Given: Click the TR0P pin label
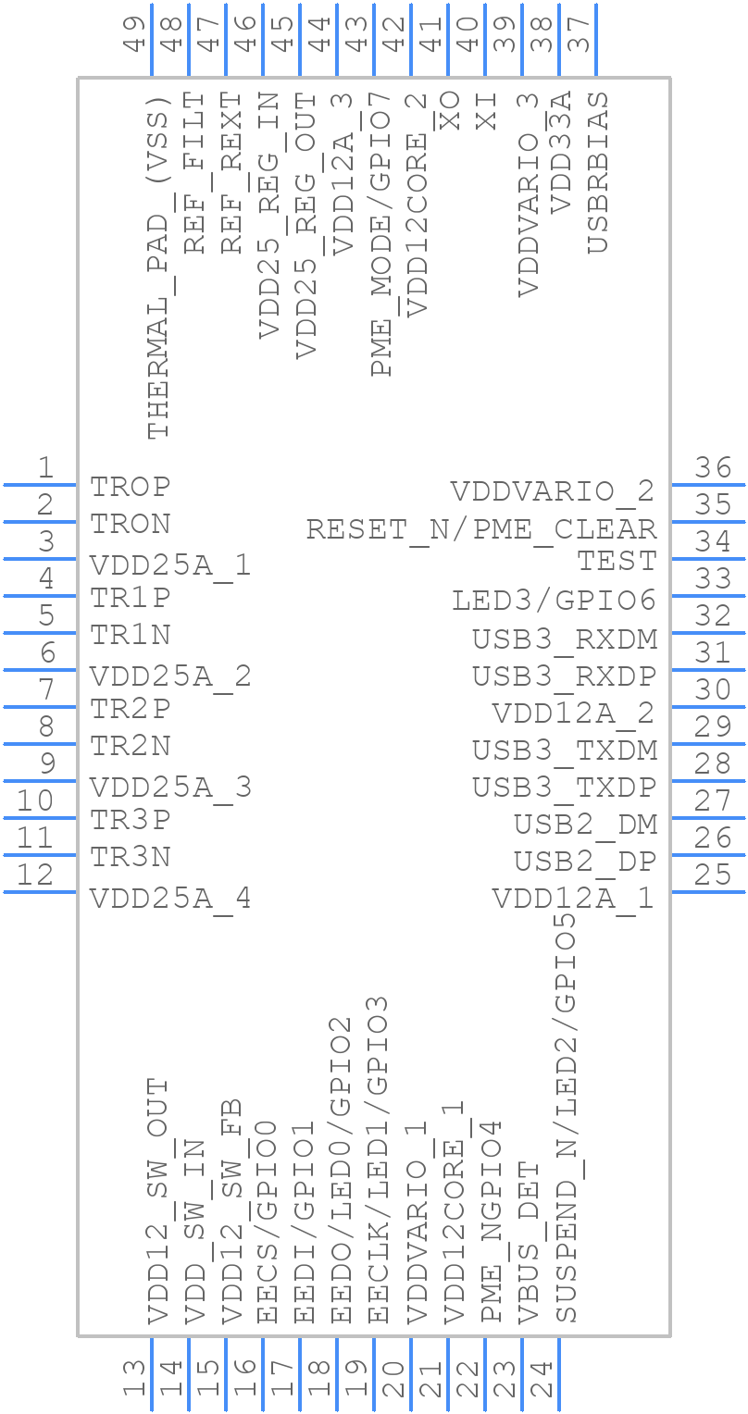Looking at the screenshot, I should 131,487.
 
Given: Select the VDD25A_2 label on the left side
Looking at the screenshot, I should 170,676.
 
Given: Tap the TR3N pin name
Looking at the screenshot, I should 131,857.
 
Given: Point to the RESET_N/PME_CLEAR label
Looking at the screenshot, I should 481,529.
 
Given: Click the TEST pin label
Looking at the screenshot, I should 617,561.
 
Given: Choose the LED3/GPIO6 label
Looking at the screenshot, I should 554,601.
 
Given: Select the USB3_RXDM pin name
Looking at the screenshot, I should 565,639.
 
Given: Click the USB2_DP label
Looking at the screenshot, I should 585,862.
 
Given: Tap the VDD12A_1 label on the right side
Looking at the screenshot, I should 573,899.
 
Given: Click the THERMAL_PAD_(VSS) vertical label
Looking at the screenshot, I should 159,267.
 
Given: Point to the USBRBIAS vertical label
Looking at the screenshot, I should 598,172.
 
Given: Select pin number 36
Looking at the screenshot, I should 714,468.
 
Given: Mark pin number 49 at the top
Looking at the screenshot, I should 135,34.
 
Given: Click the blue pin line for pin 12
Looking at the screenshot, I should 40,891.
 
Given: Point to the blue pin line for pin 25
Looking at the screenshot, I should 708,891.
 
